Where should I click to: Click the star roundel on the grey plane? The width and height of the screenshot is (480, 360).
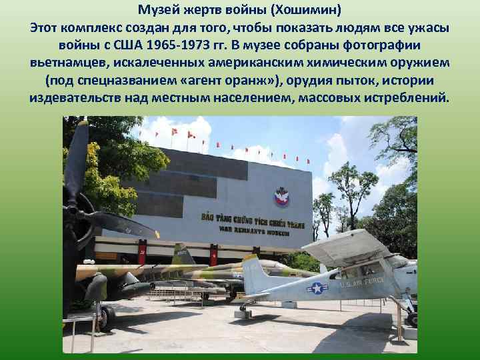point(317,288)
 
